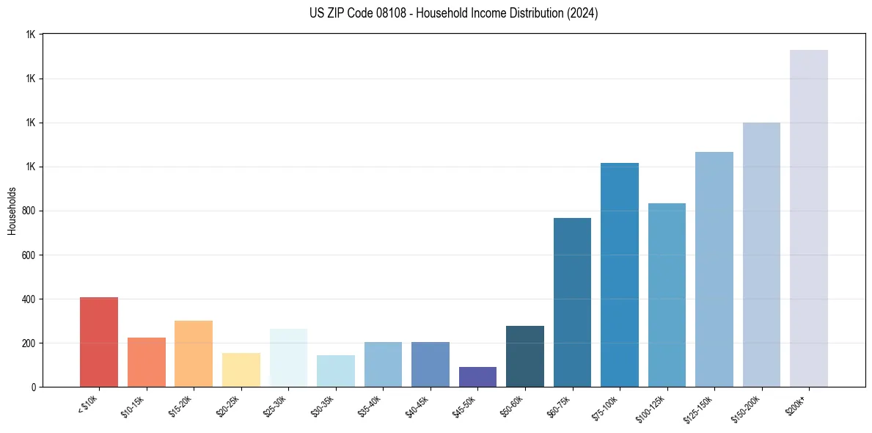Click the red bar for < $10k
(x=99, y=342)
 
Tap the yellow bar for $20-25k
(x=241, y=370)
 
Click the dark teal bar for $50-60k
(x=525, y=357)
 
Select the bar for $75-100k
(x=620, y=275)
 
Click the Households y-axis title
(x=12, y=211)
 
